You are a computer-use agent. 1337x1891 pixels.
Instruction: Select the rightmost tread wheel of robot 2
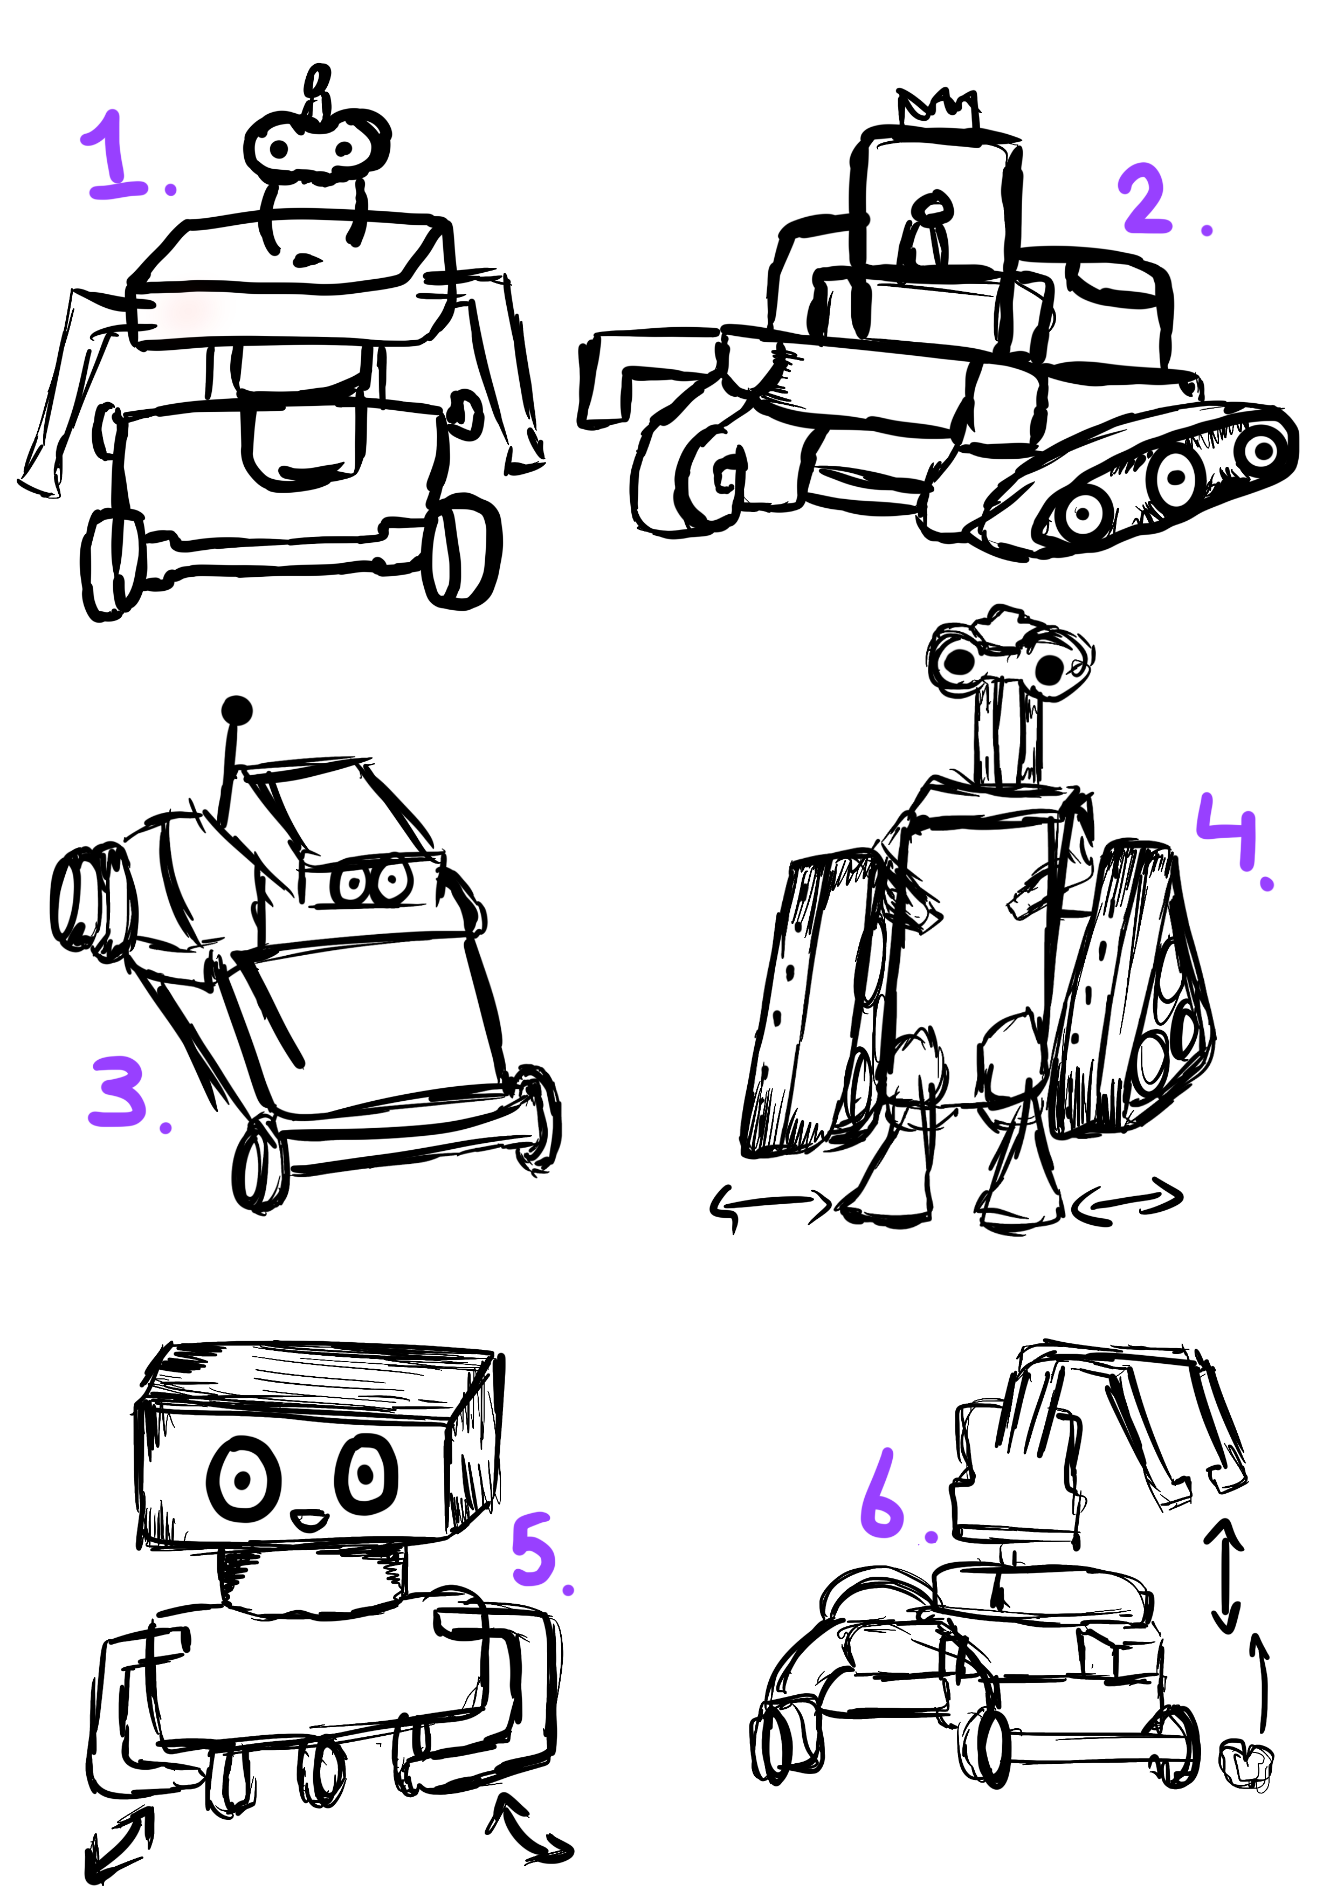pos(1260,450)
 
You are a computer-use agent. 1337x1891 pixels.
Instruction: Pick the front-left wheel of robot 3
pos(260,1162)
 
